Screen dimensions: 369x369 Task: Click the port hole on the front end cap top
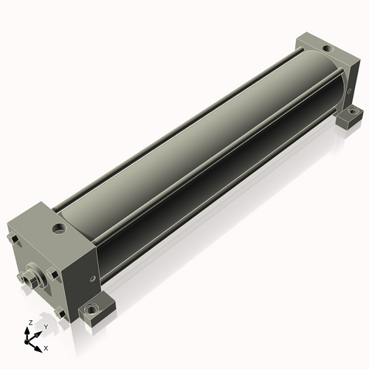point(60,228)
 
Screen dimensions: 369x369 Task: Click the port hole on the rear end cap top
point(328,48)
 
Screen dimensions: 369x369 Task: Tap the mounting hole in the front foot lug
point(92,309)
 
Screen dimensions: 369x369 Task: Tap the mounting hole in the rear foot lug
point(354,112)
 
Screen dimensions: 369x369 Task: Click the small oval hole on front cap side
point(92,279)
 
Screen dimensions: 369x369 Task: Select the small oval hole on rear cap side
point(349,91)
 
